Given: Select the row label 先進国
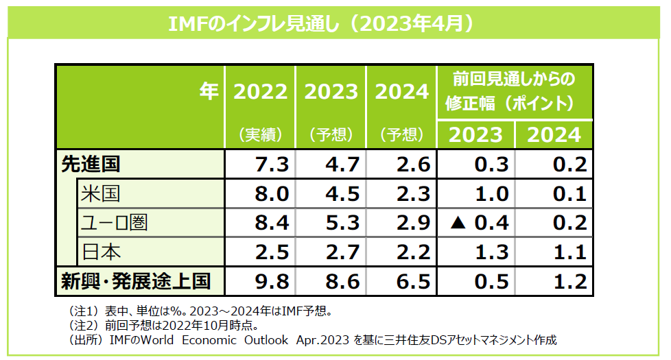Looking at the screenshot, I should click(91, 165).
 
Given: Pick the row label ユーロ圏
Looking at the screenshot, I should click(114, 223).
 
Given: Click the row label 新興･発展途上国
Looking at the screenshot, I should click(134, 281).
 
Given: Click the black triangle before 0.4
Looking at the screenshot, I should click(459, 224).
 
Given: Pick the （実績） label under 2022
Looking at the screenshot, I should click(261, 134).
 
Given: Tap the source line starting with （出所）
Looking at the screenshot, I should click(309, 340).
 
